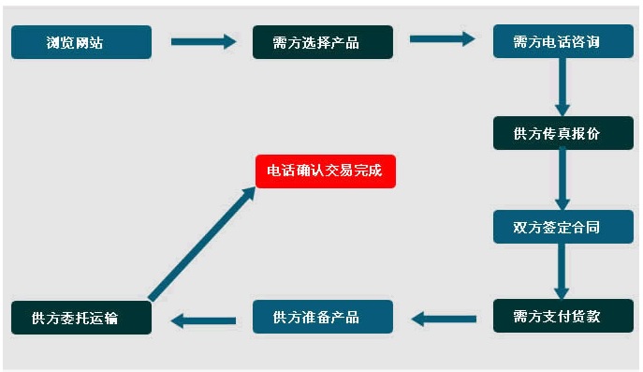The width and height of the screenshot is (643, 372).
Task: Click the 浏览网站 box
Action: coord(80,42)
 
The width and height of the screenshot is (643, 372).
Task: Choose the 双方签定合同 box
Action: coord(563,227)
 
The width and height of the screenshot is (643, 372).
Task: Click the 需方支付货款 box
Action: coord(563,316)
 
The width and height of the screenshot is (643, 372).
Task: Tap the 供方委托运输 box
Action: coord(80,317)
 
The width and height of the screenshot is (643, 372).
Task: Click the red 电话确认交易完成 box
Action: coord(326,171)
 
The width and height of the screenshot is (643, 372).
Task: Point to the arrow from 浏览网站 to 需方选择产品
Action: coord(203,41)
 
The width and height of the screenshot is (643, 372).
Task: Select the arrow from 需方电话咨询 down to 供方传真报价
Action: coord(563,87)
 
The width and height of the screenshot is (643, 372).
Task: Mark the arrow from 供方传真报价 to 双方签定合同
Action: coord(563,179)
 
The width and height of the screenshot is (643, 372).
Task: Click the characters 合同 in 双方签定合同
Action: coord(586,227)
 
